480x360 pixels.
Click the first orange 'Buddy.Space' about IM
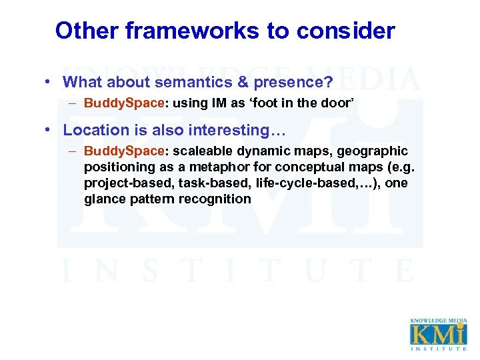(124, 103)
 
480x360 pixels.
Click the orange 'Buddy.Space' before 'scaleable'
(124, 152)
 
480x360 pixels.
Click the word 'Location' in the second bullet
(96, 131)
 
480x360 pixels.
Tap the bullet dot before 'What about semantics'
(49, 83)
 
